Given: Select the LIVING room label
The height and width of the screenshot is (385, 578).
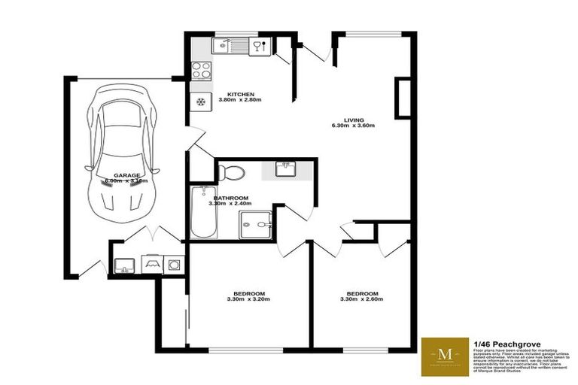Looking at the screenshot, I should (354, 120).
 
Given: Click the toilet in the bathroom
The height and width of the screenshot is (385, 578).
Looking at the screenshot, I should (233, 172).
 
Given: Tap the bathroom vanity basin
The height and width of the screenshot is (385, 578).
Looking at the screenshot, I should (285, 169).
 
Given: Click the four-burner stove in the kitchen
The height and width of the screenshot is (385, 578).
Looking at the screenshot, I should (201, 71).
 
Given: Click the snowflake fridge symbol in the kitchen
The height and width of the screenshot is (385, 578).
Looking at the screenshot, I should (201, 102).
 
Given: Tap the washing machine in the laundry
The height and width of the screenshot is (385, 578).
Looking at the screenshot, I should (175, 265).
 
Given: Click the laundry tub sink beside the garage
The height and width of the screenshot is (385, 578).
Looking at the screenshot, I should (123, 265).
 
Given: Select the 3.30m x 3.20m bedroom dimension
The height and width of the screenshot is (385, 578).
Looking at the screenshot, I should (248, 300).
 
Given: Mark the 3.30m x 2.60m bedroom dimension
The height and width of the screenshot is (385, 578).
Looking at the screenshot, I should (362, 300).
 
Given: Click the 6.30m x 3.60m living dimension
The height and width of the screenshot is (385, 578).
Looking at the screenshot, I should (354, 126).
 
